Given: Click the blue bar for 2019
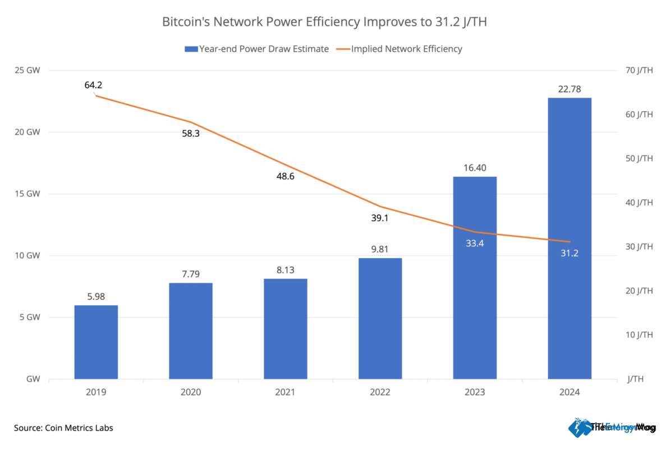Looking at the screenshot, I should coord(96,342).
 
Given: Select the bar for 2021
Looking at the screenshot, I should coord(286,329).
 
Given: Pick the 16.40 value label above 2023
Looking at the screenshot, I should coord(475,167).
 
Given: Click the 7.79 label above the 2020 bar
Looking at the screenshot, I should coord(190,274).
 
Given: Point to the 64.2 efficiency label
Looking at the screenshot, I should coord(93,85).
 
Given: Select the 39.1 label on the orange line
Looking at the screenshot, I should coord(379,218).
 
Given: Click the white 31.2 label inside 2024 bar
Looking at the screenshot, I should coord(569,253).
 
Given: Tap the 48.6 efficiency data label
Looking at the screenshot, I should coord(284,176).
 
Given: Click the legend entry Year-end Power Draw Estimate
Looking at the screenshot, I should coord(256,49).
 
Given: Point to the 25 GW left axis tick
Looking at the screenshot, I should coord(28,71).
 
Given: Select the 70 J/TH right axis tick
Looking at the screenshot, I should coord(640,71).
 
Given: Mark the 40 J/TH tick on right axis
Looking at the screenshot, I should coord(640,203).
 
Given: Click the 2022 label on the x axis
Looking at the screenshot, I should coord(380,392).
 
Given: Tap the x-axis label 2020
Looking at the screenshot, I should coord(190,392).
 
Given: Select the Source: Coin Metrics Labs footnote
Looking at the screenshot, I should coord(63,428).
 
